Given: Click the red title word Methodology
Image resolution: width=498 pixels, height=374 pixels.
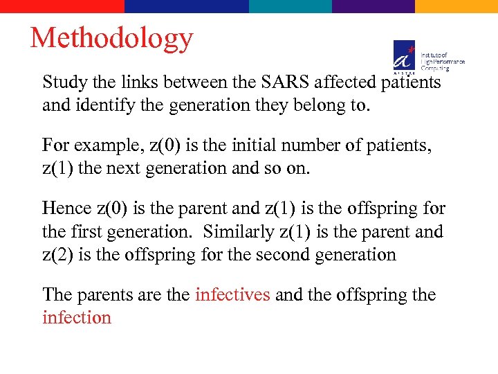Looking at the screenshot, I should click(x=111, y=39).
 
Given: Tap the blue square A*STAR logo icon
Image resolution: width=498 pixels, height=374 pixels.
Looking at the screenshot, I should click(x=405, y=55).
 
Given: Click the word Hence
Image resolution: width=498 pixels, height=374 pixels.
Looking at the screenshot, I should click(x=67, y=208).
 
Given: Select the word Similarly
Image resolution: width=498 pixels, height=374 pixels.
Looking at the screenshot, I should click(x=241, y=231).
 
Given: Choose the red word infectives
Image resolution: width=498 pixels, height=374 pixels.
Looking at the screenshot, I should click(x=232, y=294).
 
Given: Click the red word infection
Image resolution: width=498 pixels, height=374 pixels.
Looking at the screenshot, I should click(x=77, y=317).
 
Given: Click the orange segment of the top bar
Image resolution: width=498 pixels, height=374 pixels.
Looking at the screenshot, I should click(x=456, y=6).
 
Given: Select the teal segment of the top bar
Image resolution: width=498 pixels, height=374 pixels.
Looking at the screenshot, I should click(x=290, y=6).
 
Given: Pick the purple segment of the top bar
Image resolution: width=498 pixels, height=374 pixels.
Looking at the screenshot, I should click(x=373, y=6).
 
